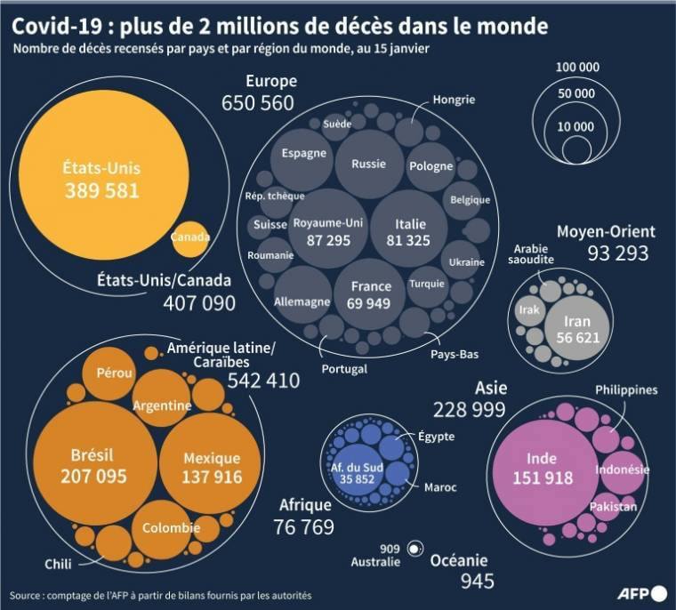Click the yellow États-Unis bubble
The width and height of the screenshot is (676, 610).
pyautogui.click(x=101, y=178)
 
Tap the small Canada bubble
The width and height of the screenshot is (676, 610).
pyautogui.click(x=189, y=237)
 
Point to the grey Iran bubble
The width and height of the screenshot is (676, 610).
pyautogui.click(x=577, y=328)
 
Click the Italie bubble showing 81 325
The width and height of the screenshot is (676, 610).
pyautogui.click(x=410, y=231)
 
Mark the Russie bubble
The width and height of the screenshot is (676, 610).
pyautogui.click(x=368, y=165)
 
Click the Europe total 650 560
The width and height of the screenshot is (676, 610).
pyautogui.click(x=257, y=103)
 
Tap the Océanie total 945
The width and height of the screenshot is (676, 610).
pyautogui.click(x=477, y=582)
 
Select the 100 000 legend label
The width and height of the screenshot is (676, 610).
pyautogui.click(x=577, y=68)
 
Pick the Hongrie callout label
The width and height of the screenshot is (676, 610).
pyautogui.click(x=454, y=100)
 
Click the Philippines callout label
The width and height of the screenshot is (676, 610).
pyautogui.click(x=626, y=390)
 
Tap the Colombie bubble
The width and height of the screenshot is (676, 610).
pyautogui.click(x=172, y=527)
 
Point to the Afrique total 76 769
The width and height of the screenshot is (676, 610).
pyautogui.click(x=304, y=526)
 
